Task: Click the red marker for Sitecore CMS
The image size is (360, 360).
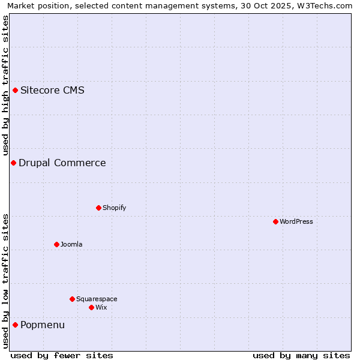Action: tap(15, 91)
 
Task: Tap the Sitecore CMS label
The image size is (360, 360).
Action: tap(52, 91)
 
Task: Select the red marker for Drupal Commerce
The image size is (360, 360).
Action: tap(13, 163)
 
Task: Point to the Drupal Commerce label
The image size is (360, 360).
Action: tap(62, 163)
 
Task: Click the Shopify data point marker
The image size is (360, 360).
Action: tap(98, 208)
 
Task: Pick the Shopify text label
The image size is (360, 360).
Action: tap(114, 208)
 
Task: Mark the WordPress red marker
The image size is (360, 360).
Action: tap(275, 221)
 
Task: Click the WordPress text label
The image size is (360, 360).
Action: tap(296, 221)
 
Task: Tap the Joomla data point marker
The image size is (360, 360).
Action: tap(56, 244)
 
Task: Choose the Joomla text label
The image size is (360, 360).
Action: tap(71, 244)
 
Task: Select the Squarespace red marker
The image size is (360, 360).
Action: tap(72, 299)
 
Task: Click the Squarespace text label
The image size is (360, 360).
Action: tap(97, 299)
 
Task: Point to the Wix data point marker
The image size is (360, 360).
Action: tap(91, 307)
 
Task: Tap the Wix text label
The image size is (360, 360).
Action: tap(101, 307)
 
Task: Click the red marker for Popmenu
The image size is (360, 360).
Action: tap(15, 325)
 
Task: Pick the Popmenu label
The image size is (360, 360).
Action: tap(43, 325)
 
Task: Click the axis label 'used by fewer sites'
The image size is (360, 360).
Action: tap(62, 355)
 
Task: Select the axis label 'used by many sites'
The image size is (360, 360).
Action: tap(301, 355)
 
